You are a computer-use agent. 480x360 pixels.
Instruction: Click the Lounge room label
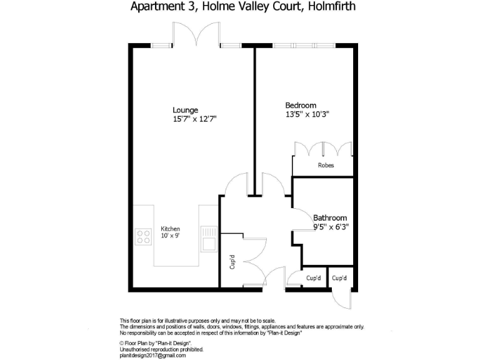pos(186,109)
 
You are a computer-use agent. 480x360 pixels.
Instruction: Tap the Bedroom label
pos(301,105)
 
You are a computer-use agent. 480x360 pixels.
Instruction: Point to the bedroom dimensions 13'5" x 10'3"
pos(307,114)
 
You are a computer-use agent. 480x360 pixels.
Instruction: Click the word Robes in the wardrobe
pos(326,166)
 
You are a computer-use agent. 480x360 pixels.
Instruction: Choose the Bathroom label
pos(330,218)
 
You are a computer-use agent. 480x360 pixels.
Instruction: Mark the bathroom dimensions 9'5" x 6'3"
pos(331,227)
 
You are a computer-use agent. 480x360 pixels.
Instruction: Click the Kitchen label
pos(170,229)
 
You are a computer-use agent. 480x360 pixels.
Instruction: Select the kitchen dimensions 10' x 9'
pos(170,236)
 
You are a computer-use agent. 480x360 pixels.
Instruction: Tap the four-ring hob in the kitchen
pos(143,236)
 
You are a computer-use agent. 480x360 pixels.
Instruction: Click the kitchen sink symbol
pos(208,238)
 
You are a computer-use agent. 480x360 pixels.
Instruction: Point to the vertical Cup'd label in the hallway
pos(232,262)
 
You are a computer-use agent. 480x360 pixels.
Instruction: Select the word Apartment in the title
pos(155,7)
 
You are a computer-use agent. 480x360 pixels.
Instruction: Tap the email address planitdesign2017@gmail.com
pos(152,355)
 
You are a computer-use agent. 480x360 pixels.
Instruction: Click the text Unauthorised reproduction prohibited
pos(161,349)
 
